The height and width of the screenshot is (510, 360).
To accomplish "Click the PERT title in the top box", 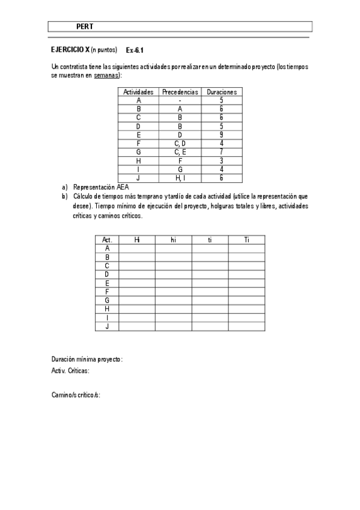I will pyautogui.click(x=85, y=26).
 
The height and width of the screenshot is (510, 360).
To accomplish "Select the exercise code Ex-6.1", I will pyautogui.click(x=135, y=51).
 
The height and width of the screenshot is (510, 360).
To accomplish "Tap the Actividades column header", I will pyautogui.click(x=139, y=92).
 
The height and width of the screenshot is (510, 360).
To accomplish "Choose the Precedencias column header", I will pyautogui.click(x=180, y=92).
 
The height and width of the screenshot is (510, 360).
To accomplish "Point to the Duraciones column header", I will pyautogui.click(x=221, y=92).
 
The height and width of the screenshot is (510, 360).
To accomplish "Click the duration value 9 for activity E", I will pyautogui.click(x=221, y=135).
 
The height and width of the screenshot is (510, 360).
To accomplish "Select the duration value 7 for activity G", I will pyautogui.click(x=221, y=152).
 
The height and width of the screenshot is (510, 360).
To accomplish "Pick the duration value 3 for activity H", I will pyautogui.click(x=221, y=161).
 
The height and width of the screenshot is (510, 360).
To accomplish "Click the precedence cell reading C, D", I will pyautogui.click(x=180, y=144).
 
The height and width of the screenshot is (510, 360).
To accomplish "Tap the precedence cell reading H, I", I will pyautogui.click(x=180, y=178).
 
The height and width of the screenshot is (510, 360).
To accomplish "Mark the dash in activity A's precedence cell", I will pyautogui.click(x=180, y=101).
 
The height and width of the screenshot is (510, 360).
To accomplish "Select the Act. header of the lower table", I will pyautogui.click(x=107, y=239).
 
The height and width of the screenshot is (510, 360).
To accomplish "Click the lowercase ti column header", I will pyautogui.click(x=210, y=239).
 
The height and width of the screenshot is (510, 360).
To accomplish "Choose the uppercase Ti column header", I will pyautogui.click(x=246, y=239).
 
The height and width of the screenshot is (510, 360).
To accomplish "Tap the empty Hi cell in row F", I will pyautogui.click(x=136, y=291).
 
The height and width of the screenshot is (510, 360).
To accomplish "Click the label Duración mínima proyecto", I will pyautogui.click(x=87, y=359).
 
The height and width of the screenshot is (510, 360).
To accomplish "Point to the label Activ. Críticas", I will pyautogui.click(x=70, y=371).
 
